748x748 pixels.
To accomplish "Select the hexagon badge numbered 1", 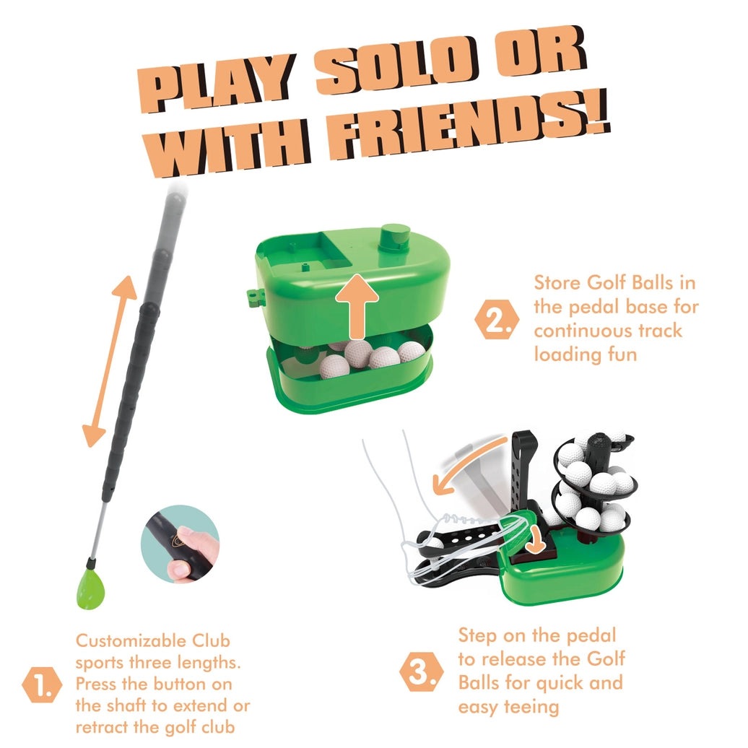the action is (x=42, y=684).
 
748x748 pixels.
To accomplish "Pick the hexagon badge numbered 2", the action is (x=497, y=319).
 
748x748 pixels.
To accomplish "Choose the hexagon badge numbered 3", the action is (x=421, y=671).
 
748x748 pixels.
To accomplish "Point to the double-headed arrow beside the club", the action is (x=110, y=361).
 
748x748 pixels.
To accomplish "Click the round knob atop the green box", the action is (x=396, y=238).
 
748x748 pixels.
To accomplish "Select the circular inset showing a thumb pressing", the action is (x=181, y=544).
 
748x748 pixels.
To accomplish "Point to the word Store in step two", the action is (x=557, y=283).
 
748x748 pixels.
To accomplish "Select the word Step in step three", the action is (x=479, y=636).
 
